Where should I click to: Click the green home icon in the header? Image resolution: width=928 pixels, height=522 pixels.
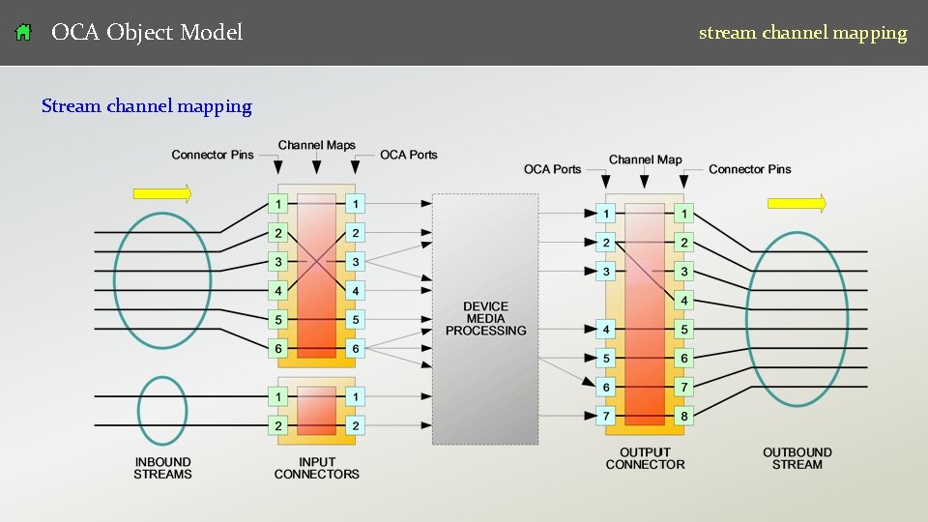coord(23,33)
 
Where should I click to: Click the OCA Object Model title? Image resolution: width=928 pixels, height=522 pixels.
coord(147,33)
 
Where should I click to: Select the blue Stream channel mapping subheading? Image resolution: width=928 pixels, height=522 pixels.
coord(147,106)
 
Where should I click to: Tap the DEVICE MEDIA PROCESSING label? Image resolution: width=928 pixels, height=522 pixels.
coord(485,319)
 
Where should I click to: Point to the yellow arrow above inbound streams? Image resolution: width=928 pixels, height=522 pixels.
coord(162,194)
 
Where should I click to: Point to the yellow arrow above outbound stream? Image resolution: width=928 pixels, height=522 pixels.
coord(797,203)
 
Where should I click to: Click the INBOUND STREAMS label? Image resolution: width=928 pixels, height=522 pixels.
coord(162,468)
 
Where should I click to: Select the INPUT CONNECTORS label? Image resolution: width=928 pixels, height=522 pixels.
coord(316,468)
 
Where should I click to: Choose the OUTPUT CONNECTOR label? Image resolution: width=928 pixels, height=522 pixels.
coord(645,458)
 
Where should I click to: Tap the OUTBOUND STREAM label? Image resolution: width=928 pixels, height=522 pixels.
coord(797,458)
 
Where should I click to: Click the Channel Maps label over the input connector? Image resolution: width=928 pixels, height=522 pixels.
coord(317,145)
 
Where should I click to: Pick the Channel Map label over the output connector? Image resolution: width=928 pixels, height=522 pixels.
coord(645,159)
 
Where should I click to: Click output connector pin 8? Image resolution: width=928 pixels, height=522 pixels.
coord(684,417)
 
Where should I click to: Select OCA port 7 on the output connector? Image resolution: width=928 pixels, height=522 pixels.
coord(606,417)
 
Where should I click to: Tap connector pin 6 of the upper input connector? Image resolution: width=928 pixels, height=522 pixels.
coord(278,349)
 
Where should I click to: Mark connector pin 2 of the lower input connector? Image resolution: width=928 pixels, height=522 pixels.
coord(278,426)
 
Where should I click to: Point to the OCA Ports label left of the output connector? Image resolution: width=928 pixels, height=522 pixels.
coord(553,169)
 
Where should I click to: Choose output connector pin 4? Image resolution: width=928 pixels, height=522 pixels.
coord(684,301)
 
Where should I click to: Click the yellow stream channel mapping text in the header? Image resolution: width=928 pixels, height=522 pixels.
coord(802,33)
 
